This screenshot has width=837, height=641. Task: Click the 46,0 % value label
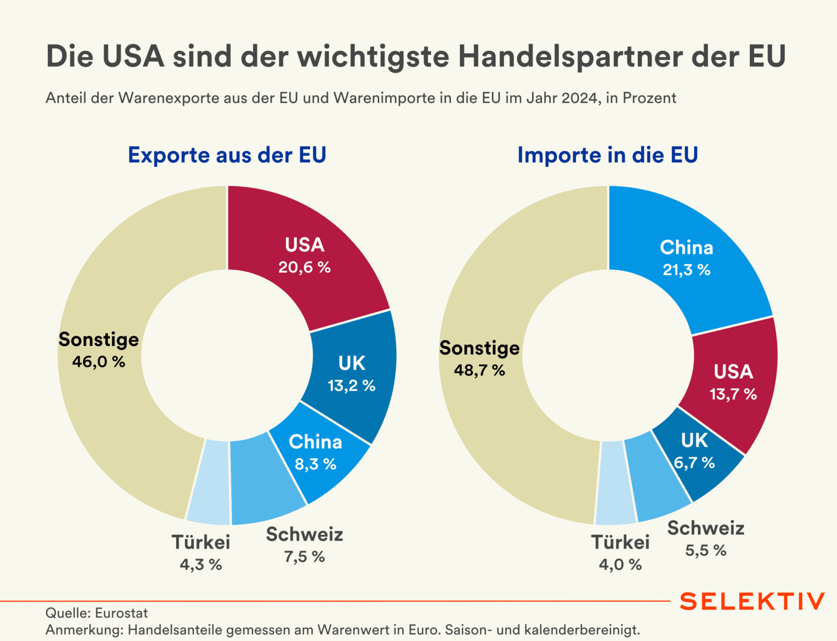99,362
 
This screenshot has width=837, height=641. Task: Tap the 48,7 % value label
479,370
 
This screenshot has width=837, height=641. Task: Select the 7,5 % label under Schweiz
304,556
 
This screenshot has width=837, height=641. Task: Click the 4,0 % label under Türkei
620,564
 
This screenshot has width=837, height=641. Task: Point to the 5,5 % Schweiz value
705,550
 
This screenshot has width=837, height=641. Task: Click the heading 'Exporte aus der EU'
227,155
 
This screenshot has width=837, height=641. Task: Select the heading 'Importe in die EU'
608,155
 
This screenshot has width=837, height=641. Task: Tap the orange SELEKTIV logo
752,602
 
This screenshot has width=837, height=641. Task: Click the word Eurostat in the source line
122,613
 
